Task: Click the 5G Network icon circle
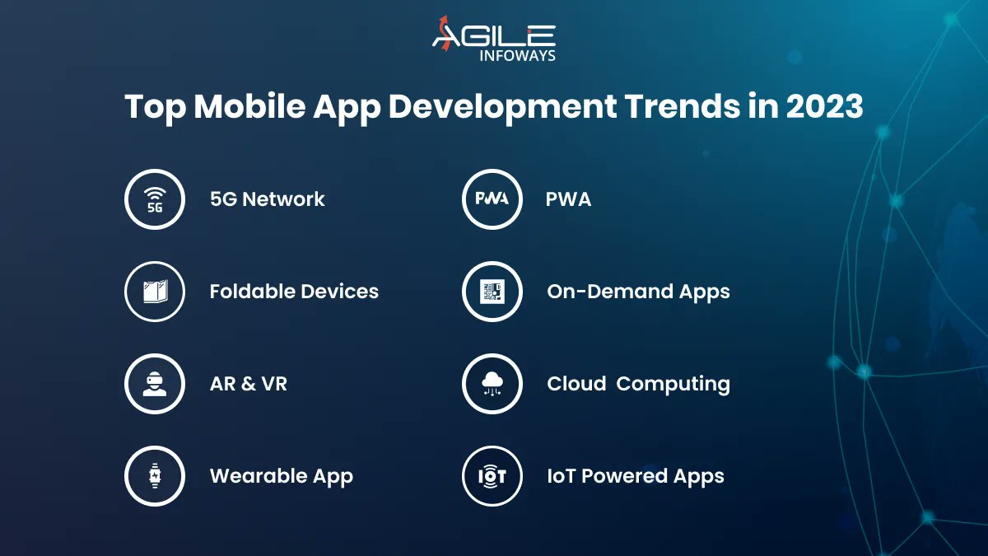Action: (x=154, y=199)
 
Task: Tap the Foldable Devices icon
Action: (x=154, y=292)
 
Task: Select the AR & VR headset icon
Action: (x=154, y=384)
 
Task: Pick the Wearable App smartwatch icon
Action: (x=154, y=476)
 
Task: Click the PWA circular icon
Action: (x=492, y=199)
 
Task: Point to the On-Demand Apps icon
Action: (x=492, y=292)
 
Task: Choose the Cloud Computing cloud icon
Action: (x=492, y=384)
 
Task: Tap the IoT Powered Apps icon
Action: (x=492, y=476)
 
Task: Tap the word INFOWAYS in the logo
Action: (x=517, y=56)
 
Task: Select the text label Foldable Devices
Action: (x=294, y=292)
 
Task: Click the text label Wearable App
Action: (x=281, y=476)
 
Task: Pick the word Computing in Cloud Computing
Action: (x=673, y=384)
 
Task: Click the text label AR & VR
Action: (x=248, y=384)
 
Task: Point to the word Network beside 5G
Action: (x=284, y=199)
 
